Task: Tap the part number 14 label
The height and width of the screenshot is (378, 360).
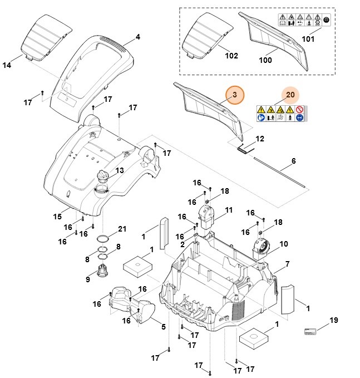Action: coord(7,65)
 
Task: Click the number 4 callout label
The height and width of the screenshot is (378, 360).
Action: coord(137,37)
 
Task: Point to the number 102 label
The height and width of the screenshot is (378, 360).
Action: coord(231,56)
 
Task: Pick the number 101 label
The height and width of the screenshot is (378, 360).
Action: coord(308,39)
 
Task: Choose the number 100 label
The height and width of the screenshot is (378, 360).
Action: coord(265,60)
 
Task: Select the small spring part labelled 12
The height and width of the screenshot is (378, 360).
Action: coord(244,148)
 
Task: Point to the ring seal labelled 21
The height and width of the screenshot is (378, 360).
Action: coord(103,239)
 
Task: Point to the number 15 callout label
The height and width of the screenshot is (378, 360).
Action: coord(57,216)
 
